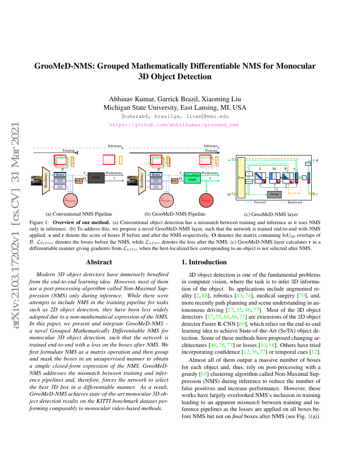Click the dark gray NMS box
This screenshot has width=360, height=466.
(96, 178)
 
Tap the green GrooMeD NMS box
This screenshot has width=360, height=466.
(192, 178)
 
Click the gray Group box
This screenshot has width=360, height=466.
(274, 194)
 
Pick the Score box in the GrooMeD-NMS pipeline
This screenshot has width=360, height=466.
(156, 175)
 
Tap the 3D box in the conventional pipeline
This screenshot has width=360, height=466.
(60, 187)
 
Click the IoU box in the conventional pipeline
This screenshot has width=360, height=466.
(78, 180)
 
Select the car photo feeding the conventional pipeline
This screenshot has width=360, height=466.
(36, 180)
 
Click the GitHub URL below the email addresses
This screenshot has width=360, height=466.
(174, 125)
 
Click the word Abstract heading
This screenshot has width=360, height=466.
(99, 262)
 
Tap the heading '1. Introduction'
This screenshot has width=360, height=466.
(205, 262)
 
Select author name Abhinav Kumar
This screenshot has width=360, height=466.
(127, 99)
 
